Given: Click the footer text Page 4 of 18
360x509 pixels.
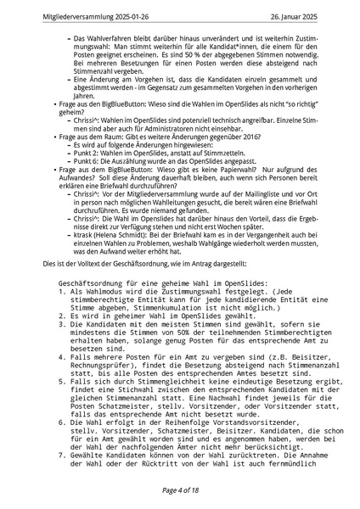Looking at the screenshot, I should coord(179,490).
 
